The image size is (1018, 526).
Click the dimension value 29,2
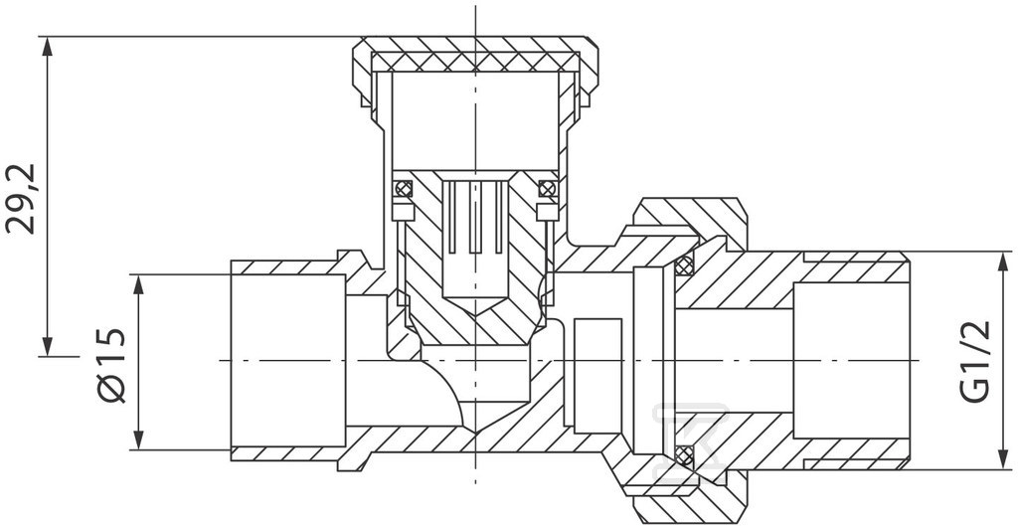click(x=22, y=198)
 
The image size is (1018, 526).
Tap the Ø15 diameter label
click(x=110, y=365)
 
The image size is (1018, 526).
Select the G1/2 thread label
click(x=975, y=362)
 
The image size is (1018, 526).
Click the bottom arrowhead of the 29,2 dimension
click(x=47, y=345)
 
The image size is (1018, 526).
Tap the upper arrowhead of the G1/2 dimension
click(x=1003, y=263)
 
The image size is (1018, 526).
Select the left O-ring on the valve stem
click(x=404, y=188)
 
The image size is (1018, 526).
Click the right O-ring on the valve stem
click(x=547, y=188)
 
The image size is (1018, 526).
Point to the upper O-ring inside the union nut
click(x=683, y=264)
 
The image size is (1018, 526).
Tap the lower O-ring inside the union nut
click(x=683, y=455)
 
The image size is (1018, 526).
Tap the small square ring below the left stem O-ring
click(x=404, y=212)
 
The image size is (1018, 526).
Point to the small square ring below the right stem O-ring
click(x=548, y=212)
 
